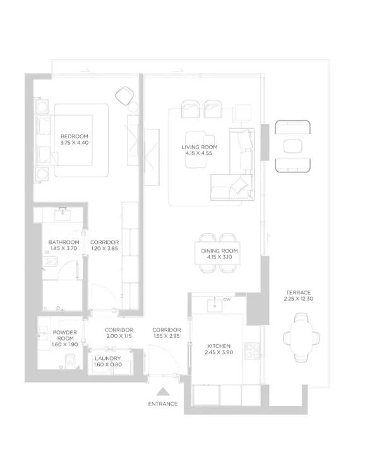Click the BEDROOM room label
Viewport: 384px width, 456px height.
[74, 136]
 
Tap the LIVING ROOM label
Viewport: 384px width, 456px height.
[200, 147]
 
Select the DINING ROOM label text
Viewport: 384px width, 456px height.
[219, 251]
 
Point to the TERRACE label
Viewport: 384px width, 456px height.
[299, 292]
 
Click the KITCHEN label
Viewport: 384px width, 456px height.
[219, 346]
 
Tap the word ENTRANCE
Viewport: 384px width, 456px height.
[162, 404]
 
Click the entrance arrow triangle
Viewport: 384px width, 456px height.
[162, 392]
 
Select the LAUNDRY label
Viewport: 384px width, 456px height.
[107, 358]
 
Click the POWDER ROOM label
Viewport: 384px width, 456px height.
[65, 335]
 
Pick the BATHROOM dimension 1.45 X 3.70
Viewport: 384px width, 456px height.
[64, 248]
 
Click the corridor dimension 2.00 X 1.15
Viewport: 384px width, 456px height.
[119, 336]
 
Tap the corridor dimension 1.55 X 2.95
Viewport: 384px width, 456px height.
[166, 336]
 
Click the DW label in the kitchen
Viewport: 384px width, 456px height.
[227, 299]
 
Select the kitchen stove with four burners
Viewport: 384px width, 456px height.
[252, 351]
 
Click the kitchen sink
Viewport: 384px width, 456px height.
[215, 306]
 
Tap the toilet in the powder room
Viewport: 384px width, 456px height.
[70, 361]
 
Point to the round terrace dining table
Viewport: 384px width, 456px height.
[301, 338]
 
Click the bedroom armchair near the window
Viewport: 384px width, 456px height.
[124, 95]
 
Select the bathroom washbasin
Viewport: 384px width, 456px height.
[63, 215]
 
